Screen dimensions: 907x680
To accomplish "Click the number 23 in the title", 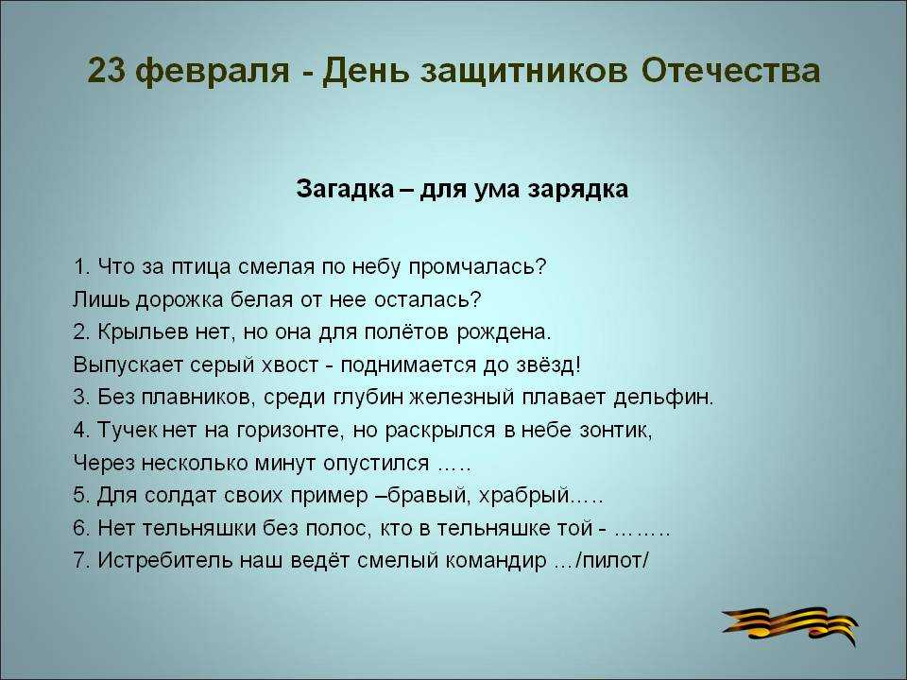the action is pos(107,71).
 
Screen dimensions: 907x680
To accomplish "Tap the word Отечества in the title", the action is pos(730,71).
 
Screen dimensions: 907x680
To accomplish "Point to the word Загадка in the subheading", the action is pos(345,189).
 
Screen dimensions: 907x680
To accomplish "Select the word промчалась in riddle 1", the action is pos(476,267).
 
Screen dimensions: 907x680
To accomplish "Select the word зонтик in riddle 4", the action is pos(614,431).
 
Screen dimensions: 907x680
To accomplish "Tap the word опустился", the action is pos(376,464).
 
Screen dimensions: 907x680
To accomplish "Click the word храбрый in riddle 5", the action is pos(524,496).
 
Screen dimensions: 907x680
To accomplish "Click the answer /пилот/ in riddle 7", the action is pos(613,561).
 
